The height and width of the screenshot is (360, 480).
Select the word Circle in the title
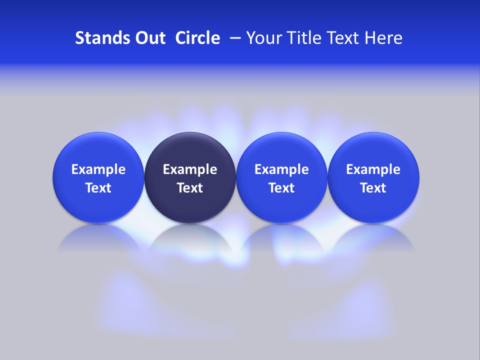click(197, 38)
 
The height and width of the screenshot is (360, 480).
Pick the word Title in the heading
click(304, 38)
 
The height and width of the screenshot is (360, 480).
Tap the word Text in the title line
click(345, 38)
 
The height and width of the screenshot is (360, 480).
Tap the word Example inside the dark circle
click(190, 169)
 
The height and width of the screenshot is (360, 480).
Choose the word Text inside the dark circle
click(190, 188)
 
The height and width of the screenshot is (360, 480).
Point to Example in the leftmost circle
click(98, 169)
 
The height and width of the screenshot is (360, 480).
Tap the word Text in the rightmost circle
click(373, 188)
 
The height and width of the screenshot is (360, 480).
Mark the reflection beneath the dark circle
click(190, 240)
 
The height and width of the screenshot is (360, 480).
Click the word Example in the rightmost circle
click(373, 169)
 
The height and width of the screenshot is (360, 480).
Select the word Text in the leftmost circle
click(98, 188)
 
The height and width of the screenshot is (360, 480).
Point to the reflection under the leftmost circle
click(98, 240)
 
